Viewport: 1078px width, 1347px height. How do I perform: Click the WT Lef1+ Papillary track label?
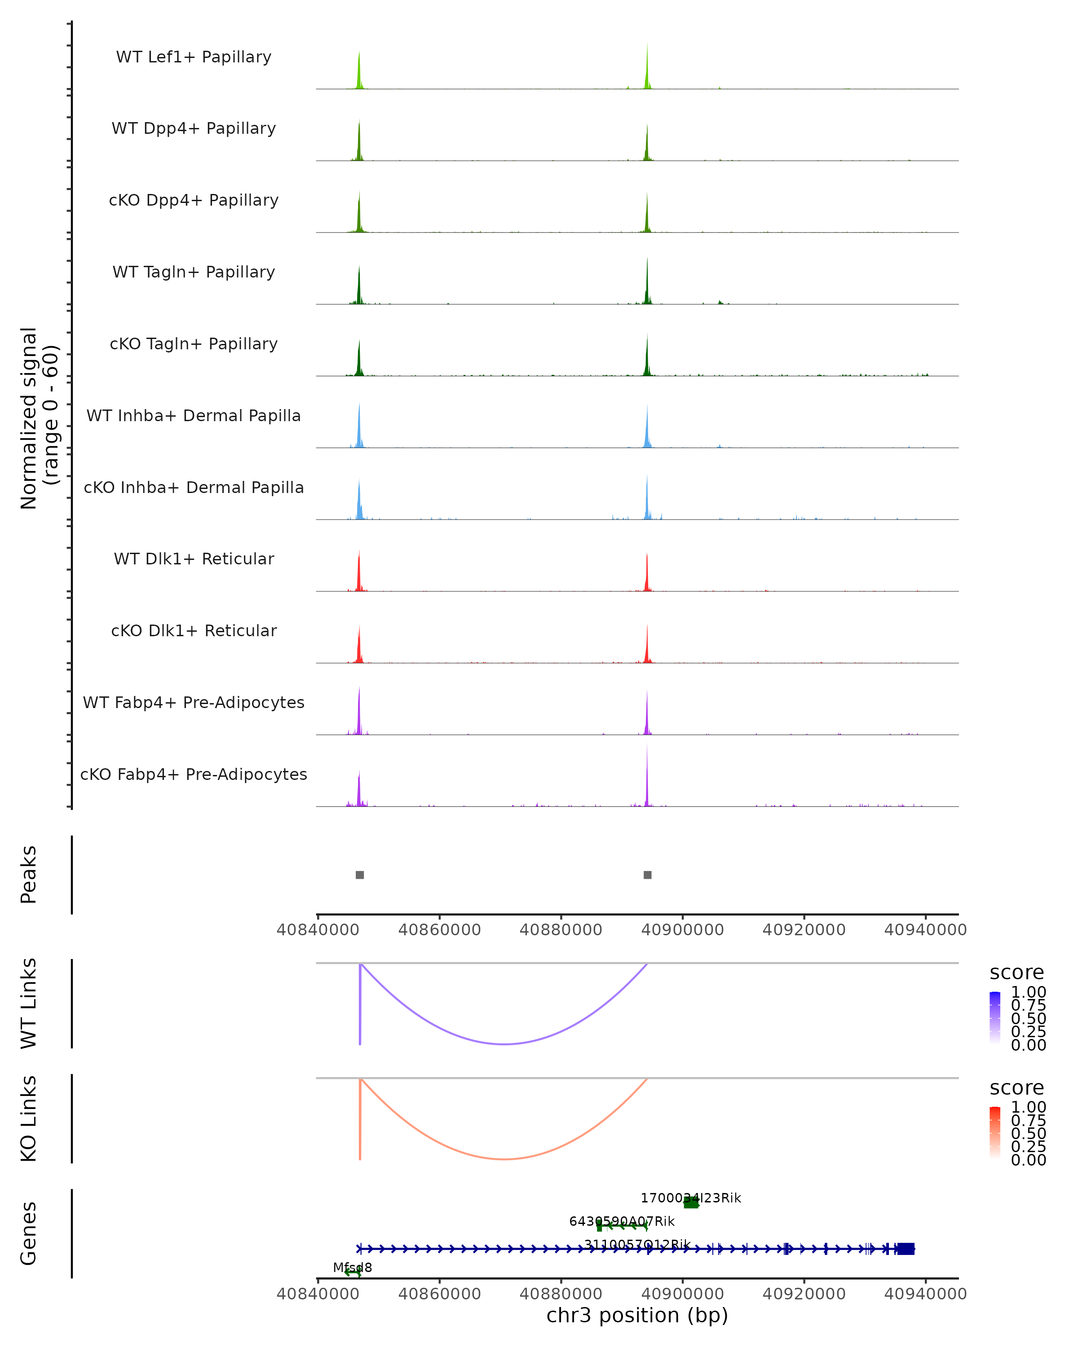click(x=194, y=57)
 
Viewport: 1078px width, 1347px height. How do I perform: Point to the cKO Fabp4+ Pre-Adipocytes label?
click(x=194, y=774)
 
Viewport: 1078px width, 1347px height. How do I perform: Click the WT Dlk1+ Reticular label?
click(x=194, y=559)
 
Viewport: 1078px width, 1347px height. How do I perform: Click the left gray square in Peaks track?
click(x=359, y=875)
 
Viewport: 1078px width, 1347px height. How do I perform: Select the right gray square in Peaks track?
click(x=647, y=875)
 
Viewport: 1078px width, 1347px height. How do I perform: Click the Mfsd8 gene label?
click(x=353, y=1267)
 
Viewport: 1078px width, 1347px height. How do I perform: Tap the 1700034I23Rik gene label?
click(x=690, y=1197)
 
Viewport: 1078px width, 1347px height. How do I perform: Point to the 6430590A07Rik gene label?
click(x=622, y=1221)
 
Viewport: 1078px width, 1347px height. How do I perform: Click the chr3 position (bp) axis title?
click(x=637, y=1315)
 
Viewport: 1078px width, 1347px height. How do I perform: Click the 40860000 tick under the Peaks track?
click(x=439, y=929)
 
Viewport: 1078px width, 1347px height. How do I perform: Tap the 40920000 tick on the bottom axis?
click(x=804, y=1293)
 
